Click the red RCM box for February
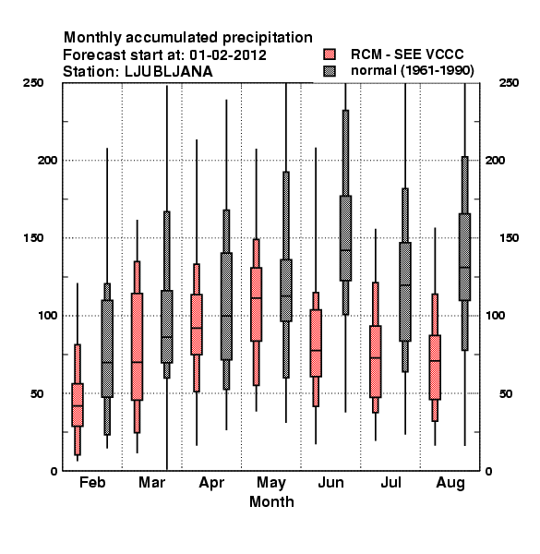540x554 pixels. click(78, 405)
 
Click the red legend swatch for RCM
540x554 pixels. click(330, 54)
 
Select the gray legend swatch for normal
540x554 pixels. click(330, 71)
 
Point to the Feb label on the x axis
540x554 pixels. click(92, 482)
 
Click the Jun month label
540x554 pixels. click(330, 482)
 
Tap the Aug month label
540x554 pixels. click(450, 483)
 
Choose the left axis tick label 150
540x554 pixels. click(34, 238)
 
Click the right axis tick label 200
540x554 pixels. click(495, 160)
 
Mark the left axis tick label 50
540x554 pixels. click(37, 393)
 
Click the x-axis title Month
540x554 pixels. click(271, 501)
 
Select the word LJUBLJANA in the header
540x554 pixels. click(169, 72)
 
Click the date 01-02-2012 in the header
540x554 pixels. click(228, 55)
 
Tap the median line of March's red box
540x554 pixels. click(137, 362)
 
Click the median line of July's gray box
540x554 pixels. click(405, 284)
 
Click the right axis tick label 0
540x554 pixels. click(488, 471)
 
